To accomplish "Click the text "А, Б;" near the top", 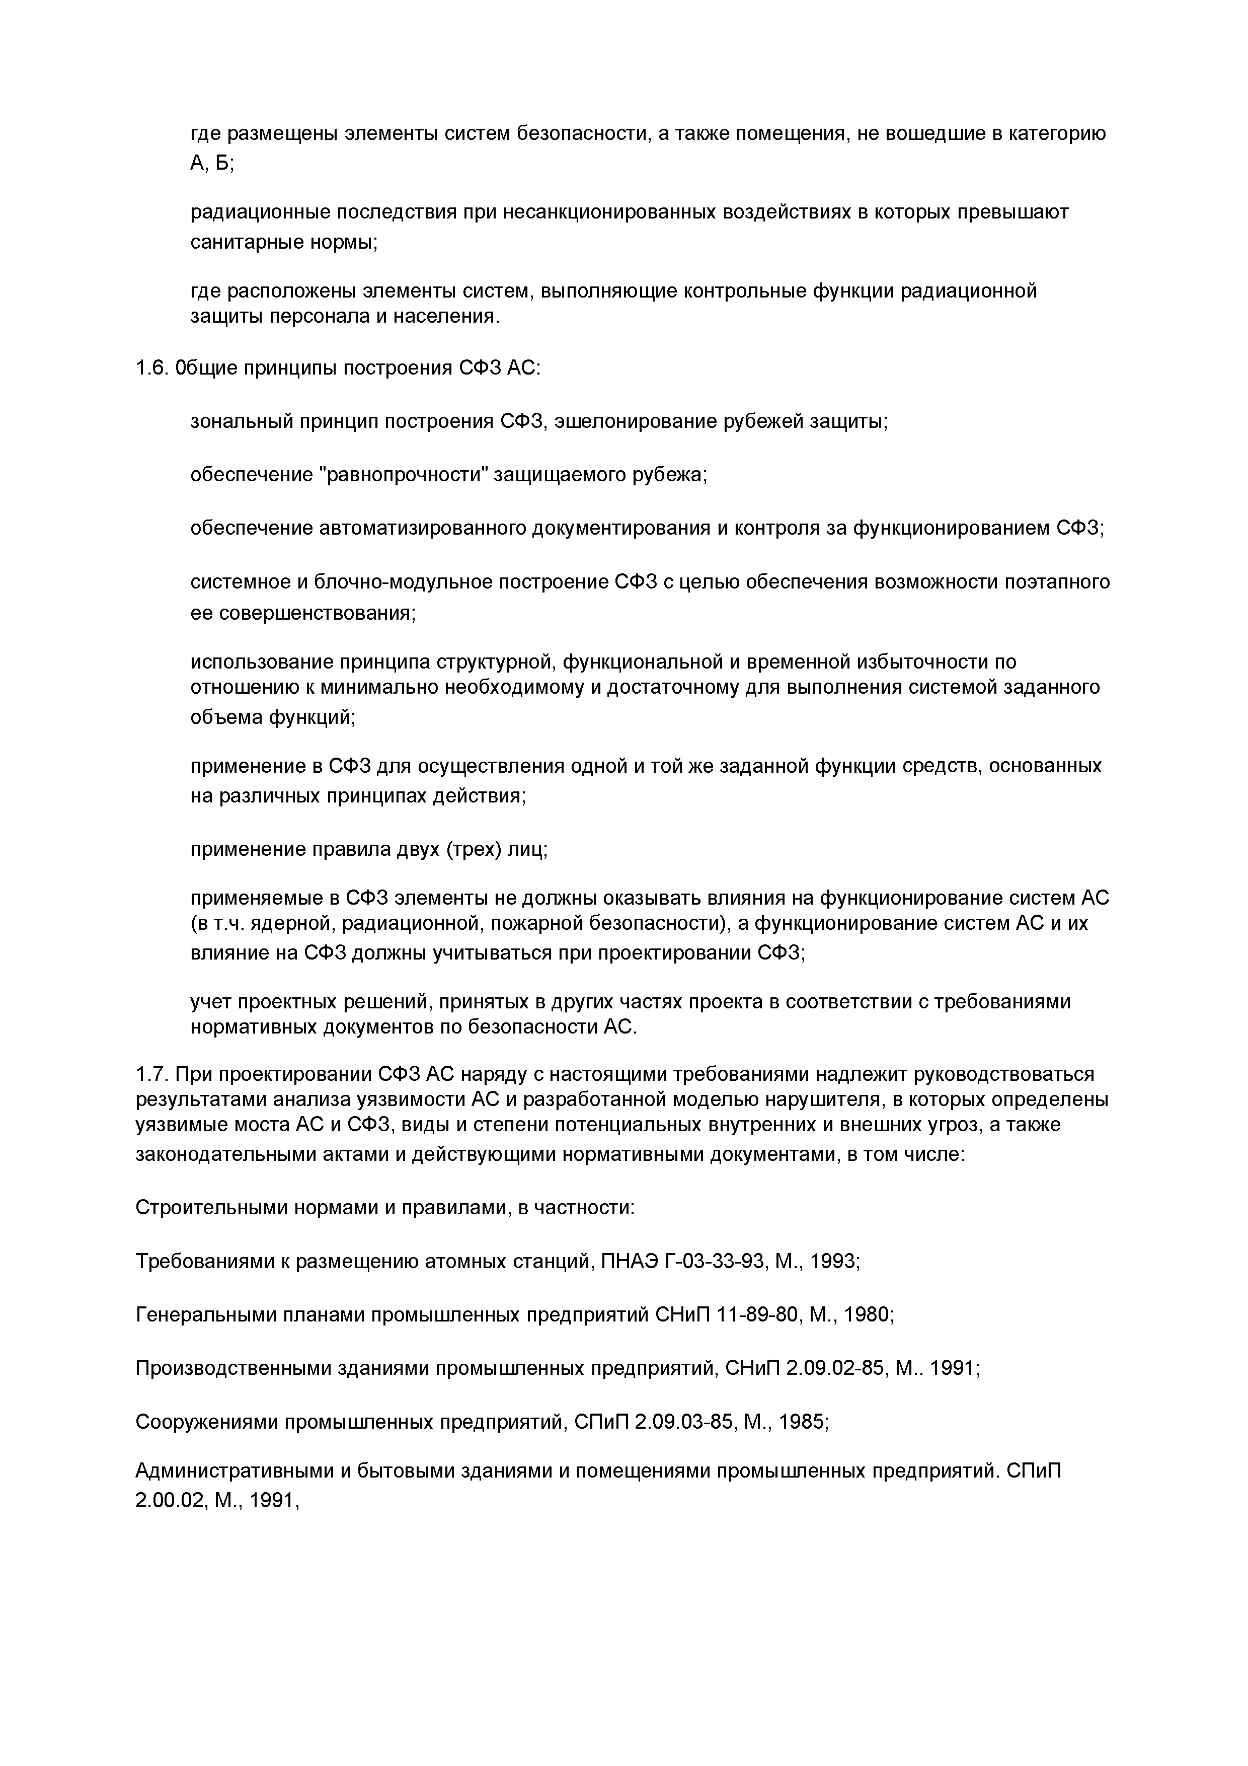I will coord(211,164).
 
